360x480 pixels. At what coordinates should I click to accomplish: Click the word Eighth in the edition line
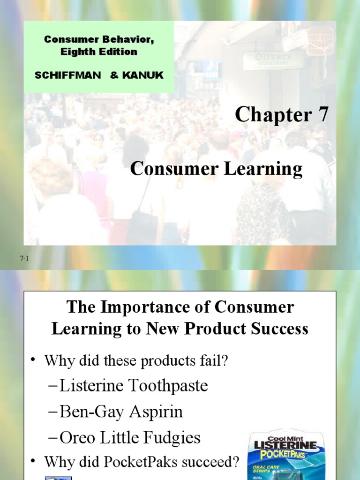point(76,52)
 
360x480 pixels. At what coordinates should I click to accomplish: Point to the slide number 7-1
point(25,258)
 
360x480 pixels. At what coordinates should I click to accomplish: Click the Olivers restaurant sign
point(273,58)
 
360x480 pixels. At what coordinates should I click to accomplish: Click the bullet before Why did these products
point(33,360)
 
